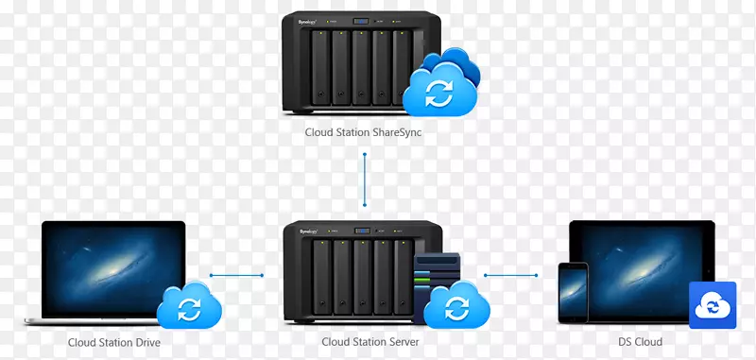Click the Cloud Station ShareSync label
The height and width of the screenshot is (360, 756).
point(363,133)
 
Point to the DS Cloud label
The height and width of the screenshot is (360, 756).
point(642,342)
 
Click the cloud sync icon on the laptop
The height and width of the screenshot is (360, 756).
point(190,306)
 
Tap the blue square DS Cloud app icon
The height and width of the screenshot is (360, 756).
point(713,304)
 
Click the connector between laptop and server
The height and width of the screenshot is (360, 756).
point(236,276)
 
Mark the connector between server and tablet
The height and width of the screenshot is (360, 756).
point(510,276)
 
